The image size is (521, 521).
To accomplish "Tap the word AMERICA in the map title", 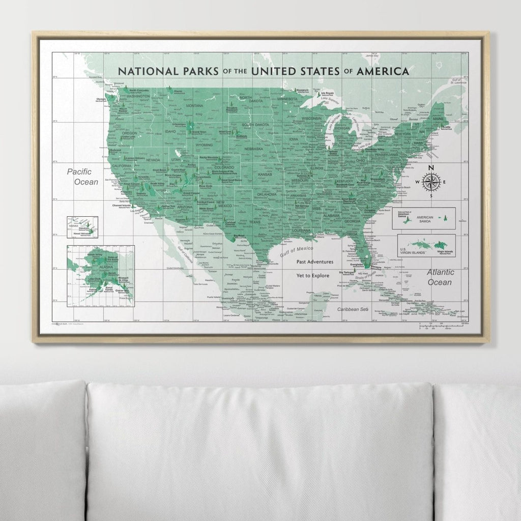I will pos(382,71).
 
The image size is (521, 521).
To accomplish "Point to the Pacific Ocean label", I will pos(82,177).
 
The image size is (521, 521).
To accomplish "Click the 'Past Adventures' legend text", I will pos(315,262).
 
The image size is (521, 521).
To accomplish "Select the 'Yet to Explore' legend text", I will pos(314,275).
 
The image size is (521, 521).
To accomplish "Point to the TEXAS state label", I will pos(254,222).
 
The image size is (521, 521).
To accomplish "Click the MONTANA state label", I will pos(194,106).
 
